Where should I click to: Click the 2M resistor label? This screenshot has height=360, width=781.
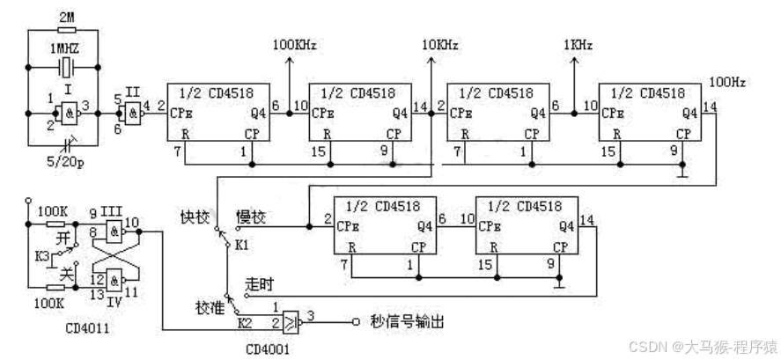click(x=66, y=16)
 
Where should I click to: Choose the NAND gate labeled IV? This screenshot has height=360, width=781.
click(x=114, y=281)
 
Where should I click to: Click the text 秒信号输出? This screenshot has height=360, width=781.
click(x=407, y=322)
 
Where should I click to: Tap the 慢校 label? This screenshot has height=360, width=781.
click(x=250, y=216)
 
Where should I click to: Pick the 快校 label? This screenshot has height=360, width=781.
click(x=195, y=216)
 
